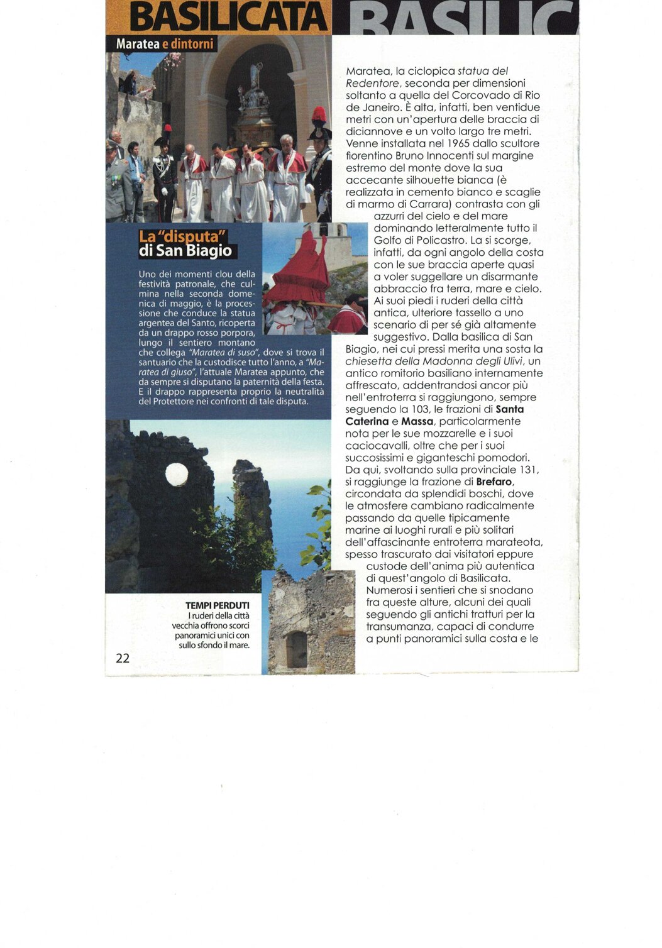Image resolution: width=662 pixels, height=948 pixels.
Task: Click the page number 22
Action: pyautogui.click(x=123, y=658)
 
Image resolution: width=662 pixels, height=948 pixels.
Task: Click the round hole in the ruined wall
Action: pyautogui.click(x=177, y=475)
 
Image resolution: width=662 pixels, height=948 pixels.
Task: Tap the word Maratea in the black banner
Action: pyautogui.click(x=138, y=45)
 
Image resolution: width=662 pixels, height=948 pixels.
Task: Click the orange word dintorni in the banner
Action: pyautogui.click(x=192, y=45)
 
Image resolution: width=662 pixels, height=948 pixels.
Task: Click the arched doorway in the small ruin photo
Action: pyautogui.click(x=297, y=649)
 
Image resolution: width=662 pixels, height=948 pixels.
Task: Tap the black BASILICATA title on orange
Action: pyautogui.click(x=228, y=18)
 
